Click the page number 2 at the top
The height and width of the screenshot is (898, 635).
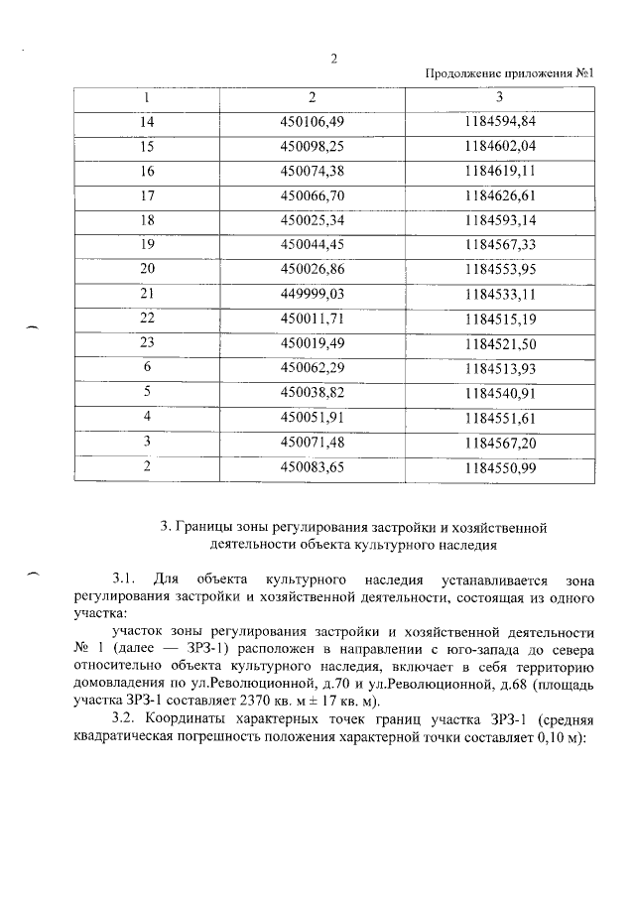click(x=334, y=58)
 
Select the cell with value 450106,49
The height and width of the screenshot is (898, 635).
click(x=311, y=122)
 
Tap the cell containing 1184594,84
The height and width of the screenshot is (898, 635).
click(x=499, y=122)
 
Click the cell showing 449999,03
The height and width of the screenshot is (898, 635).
click(x=311, y=295)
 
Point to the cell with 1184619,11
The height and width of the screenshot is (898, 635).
click(x=499, y=171)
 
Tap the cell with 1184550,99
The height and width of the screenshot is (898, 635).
click(x=499, y=467)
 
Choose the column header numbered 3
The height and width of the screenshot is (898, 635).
click(x=499, y=98)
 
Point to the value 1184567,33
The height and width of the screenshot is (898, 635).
click(x=499, y=245)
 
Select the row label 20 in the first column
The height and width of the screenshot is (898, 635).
click(x=148, y=270)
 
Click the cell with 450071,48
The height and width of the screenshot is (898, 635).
click(x=311, y=443)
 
